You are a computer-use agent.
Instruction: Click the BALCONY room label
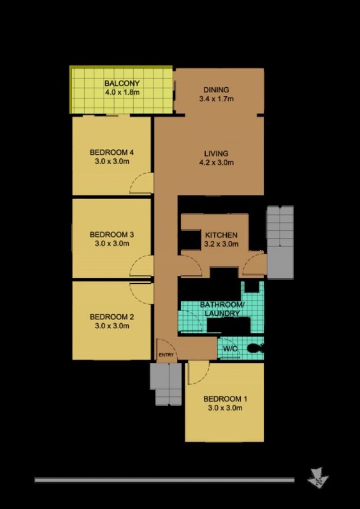pos(122,88)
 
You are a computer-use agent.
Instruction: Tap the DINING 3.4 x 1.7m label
pos(216,94)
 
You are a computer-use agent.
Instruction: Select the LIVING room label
pos(216,158)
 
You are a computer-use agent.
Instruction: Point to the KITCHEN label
pos(221,239)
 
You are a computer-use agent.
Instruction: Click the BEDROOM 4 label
pos(112,156)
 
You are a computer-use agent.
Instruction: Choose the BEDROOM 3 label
pos(112,239)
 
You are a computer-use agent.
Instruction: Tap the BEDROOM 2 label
pos(112,321)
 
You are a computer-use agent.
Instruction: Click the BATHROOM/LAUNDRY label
pos(222,309)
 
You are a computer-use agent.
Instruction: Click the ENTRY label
pos(166,355)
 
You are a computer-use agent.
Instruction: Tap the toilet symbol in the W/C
pos(256,348)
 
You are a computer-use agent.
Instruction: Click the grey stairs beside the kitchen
pos(280,242)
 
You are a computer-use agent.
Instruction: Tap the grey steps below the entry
pos(166,384)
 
